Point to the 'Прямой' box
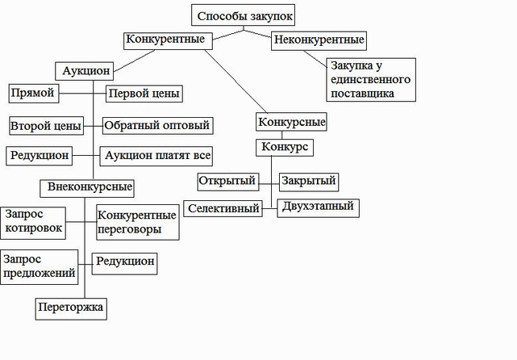(33, 93)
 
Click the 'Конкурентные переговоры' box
(136, 222)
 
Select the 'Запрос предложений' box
(40, 266)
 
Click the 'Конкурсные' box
(292, 123)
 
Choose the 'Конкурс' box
(284, 149)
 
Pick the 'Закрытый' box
(308, 181)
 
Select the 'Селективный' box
(223, 208)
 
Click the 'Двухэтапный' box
(317, 207)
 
